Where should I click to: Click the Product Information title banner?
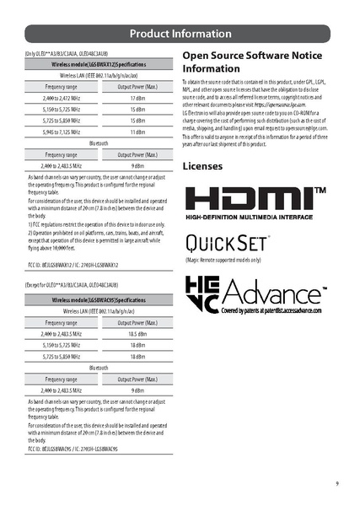pyautogui.click(x=180, y=34)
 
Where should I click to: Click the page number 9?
pyautogui.click(x=336, y=483)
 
